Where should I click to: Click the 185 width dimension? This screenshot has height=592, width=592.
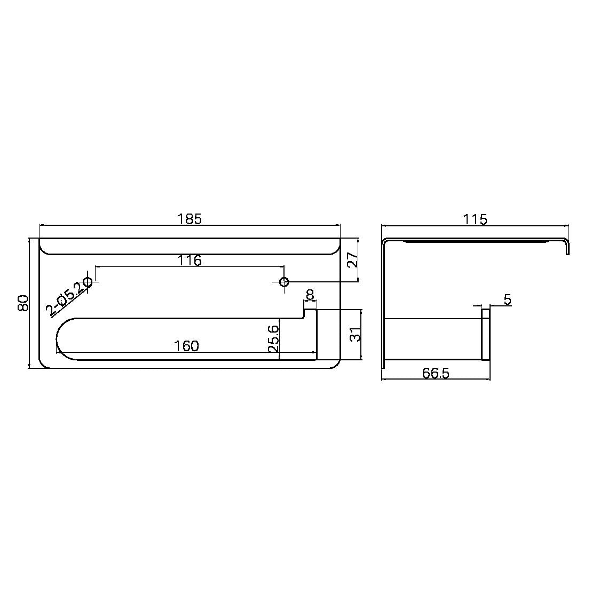(190, 219)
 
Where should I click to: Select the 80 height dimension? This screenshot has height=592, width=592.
(23, 303)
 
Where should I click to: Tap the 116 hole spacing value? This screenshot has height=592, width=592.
(190, 261)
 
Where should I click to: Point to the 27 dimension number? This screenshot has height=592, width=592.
(353, 260)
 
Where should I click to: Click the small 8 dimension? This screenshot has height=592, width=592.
(310, 295)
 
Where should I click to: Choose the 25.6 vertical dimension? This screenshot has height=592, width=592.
(274, 338)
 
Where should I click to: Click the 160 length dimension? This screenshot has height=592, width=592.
(186, 346)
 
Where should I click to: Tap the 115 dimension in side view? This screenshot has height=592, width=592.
(475, 219)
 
